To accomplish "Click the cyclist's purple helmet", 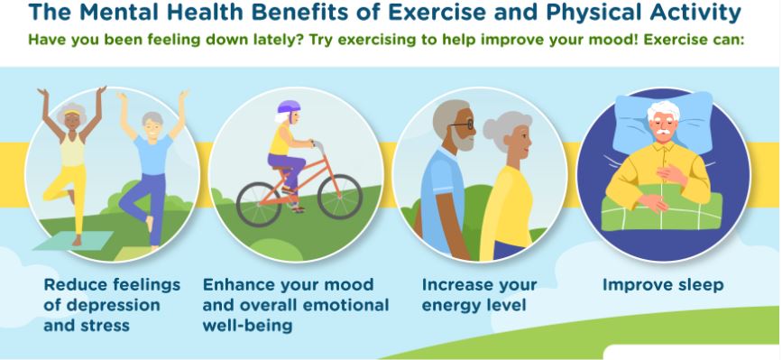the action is [289, 107].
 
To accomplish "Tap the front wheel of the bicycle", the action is [340, 197].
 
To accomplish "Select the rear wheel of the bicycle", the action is [259, 204].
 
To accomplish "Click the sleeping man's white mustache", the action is [663, 132].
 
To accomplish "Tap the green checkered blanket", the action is [661, 208].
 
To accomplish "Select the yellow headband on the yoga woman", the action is [72, 112].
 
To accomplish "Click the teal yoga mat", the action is [74, 240].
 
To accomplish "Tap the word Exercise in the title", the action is [437, 13].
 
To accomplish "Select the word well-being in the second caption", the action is [247, 326].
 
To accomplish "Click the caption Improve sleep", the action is [663, 285].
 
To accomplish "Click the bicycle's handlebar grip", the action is [317, 144].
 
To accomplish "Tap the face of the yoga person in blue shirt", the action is [153, 128].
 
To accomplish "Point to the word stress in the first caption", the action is [106, 326].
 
